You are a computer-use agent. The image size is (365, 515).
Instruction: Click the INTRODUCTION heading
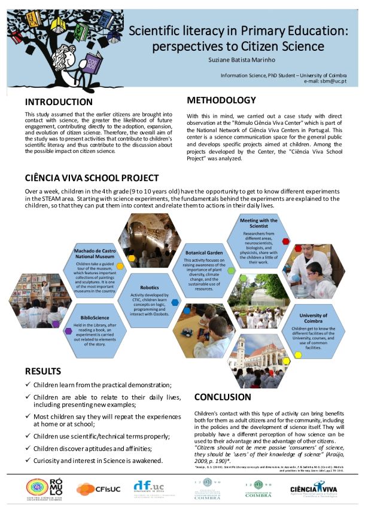59,102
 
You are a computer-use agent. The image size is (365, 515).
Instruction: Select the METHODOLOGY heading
221,100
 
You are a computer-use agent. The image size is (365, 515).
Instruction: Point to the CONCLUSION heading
223,397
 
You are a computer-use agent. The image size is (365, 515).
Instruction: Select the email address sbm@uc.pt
334,81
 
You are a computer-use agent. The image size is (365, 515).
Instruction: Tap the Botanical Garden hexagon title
205,253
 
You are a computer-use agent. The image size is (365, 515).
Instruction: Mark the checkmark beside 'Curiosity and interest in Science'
28,460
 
